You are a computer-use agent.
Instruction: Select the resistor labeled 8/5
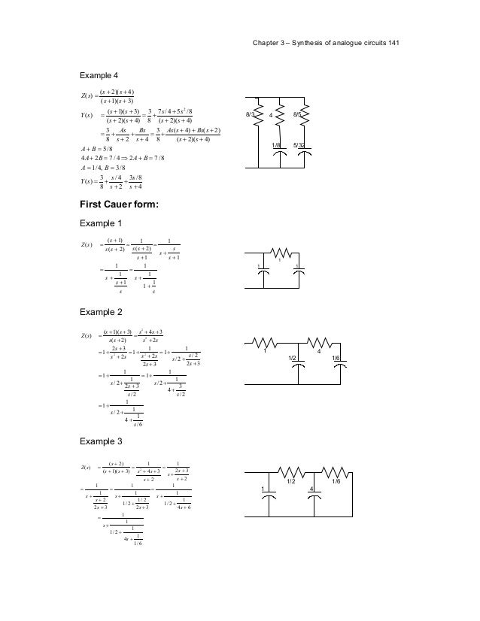point(304,116)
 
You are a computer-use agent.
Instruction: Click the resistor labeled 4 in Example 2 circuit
point(320,345)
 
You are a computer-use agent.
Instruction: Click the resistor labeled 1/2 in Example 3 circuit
point(290,472)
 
